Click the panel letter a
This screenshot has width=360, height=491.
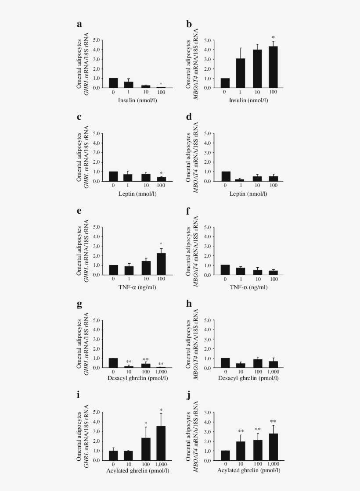tap(79, 24)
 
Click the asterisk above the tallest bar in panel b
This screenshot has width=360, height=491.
tap(273, 38)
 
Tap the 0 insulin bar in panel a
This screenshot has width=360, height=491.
tap(113, 83)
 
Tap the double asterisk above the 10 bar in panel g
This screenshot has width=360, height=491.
tap(129, 362)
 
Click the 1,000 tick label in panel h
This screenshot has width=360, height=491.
tap(273, 373)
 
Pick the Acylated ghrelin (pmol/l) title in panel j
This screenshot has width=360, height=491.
tap(249, 471)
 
